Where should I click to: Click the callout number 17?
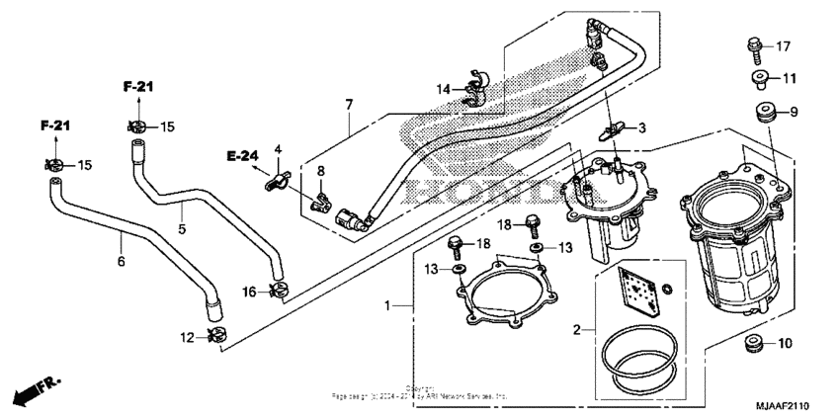pos(783,46)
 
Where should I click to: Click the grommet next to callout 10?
pos(755,345)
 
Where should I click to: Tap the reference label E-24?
pos(241,155)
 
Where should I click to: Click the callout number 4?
pos(278,149)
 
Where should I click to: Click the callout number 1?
pos(387,306)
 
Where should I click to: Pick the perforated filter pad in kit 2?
pos(635,294)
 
